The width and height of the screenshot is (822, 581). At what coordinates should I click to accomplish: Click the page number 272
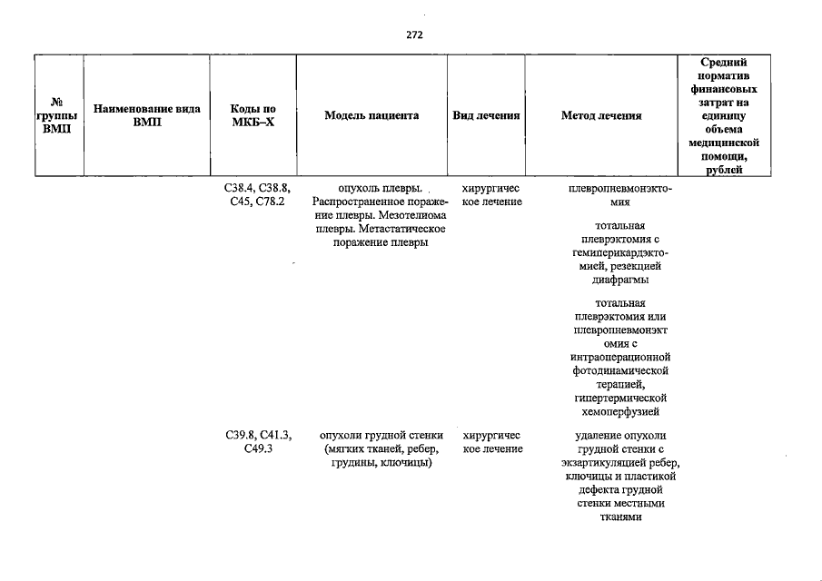(414, 34)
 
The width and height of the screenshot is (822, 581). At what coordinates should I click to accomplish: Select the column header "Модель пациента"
(371, 115)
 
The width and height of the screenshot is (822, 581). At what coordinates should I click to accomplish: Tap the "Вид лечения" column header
(486, 115)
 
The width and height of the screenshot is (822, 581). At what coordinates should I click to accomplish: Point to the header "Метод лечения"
(601, 115)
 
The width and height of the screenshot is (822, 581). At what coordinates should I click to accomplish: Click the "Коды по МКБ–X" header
(253, 115)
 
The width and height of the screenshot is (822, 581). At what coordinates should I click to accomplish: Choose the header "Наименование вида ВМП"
(147, 115)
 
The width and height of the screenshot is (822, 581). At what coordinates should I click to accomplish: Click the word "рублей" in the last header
(724, 170)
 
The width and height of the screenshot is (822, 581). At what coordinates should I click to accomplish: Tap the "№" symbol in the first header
(56, 102)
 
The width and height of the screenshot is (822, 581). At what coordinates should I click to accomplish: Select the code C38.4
(240, 188)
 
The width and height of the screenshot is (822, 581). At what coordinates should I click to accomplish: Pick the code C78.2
(270, 202)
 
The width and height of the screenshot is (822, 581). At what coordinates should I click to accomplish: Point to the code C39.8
(241, 436)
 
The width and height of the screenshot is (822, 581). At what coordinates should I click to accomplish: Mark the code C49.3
(258, 449)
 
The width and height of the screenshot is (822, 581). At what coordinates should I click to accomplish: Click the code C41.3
(276, 436)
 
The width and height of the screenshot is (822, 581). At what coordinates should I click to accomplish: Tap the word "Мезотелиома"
(412, 215)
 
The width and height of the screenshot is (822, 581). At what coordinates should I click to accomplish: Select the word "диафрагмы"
(620, 280)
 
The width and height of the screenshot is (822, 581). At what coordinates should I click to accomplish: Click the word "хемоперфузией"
(620, 412)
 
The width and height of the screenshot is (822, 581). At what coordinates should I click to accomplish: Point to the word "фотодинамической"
(620, 371)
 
